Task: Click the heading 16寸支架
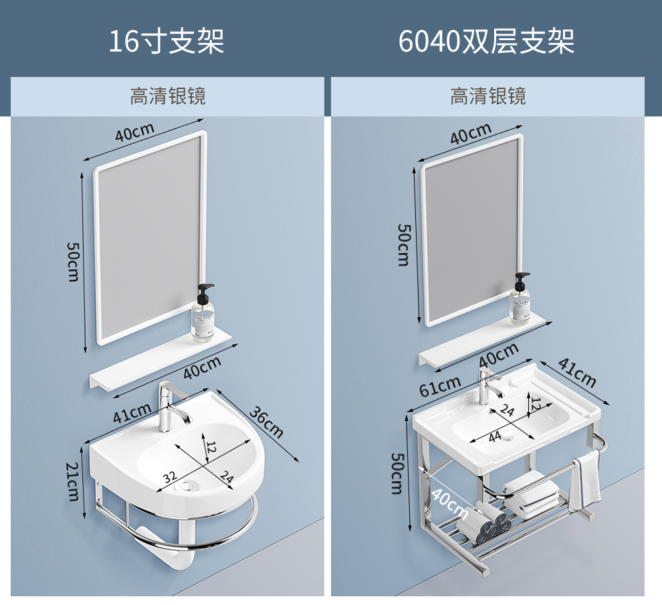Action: point(167,41)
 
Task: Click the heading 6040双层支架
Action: point(486,41)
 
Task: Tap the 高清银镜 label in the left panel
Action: point(167,96)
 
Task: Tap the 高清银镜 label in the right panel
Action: point(488,96)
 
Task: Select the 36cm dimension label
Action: point(266,421)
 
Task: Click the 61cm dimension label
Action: point(439,385)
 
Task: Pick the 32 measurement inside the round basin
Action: point(170,477)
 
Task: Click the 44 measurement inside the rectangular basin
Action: point(494,436)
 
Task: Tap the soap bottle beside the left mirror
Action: point(204,313)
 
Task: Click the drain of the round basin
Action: point(188,485)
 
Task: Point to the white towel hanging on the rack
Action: point(587,479)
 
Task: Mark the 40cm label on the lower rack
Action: point(449,504)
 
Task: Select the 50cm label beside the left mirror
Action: point(73,260)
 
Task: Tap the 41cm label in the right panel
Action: point(576,373)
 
